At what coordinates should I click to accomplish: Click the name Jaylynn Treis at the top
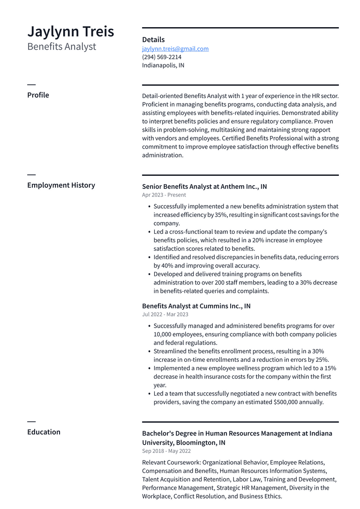click(70, 31)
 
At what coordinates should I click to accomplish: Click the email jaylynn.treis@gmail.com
click(175, 49)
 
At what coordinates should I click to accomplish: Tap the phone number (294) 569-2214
click(162, 57)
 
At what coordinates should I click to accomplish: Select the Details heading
click(153, 40)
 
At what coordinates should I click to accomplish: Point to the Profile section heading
click(38, 95)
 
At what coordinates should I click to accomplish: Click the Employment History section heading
click(61, 185)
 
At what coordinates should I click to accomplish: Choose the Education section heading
click(44, 432)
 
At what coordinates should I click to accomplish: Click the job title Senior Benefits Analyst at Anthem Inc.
click(204, 187)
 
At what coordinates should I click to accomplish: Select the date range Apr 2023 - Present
click(164, 195)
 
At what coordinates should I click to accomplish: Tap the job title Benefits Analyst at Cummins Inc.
click(196, 306)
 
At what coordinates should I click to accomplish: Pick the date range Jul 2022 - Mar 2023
click(165, 314)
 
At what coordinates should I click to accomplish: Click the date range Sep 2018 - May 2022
click(166, 451)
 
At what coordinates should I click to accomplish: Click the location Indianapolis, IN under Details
click(163, 66)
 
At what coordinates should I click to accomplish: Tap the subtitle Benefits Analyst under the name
click(61, 46)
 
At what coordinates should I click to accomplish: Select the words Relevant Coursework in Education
click(171, 462)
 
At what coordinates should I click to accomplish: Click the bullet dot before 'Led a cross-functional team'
click(149, 232)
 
